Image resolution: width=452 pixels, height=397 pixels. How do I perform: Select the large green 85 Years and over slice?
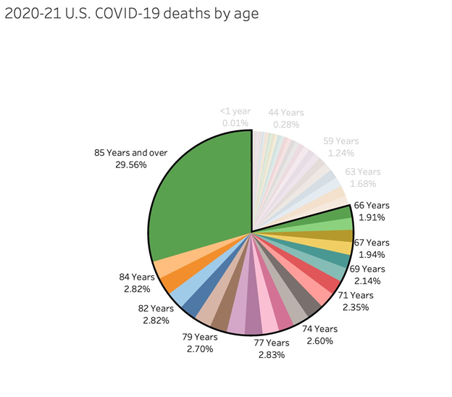click(x=199, y=192)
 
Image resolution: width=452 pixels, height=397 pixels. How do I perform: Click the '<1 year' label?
click(x=235, y=112)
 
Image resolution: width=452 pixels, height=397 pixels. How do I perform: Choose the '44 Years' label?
click(x=286, y=112)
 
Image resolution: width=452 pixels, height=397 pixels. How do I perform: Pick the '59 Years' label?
click(x=340, y=141)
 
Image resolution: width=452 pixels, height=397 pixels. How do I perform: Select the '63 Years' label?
click(x=362, y=172)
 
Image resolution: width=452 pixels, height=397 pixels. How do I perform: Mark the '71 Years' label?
click(x=355, y=295)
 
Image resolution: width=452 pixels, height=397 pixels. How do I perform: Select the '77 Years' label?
click(x=272, y=343)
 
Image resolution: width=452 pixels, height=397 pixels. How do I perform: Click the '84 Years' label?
click(x=137, y=277)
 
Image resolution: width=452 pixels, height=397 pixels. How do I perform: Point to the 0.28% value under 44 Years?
click(x=286, y=125)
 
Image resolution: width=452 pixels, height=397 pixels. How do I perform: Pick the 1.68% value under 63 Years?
click(x=362, y=184)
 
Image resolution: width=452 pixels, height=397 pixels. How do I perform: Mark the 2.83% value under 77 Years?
click(x=272, y=355)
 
